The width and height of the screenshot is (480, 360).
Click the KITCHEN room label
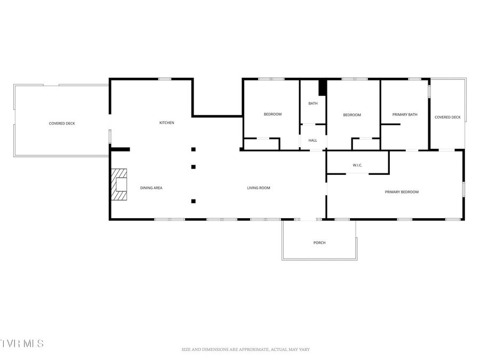click(x=166, y=123)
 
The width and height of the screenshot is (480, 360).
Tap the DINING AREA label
click(x=151, y=188)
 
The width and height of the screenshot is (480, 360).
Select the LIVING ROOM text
click(x=258, y=188)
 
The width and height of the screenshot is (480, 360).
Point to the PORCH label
click(x=319, y=243)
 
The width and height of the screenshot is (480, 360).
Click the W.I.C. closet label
click(x=357, y=165)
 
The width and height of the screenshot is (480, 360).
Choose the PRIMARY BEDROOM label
click(x=402, y=192)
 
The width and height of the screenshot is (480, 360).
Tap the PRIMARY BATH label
click(x=404, y=115)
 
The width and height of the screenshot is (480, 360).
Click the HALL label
click(x=313, y=140)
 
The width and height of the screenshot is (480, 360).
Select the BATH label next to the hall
click(x=313, y=103)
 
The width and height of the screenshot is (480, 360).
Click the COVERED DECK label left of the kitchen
click(x=62, y=124)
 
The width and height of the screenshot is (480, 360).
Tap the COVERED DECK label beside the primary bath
click(x=447, y=117)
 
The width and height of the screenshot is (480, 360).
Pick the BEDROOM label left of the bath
click(x=273, y=114)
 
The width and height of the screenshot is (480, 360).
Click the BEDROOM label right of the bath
click(x=352, y=115)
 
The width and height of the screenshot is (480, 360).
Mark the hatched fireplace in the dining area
click(x=119, y=185)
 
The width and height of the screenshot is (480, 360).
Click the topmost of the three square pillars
click(x=193, y=149)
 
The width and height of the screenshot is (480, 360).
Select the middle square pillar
click(x=193, y=167)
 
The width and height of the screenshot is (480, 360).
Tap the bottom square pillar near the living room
click(x=193, y=201)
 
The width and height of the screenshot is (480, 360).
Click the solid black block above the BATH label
click(x=322, y=87)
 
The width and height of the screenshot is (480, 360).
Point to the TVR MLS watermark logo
click(x=22, y=343)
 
